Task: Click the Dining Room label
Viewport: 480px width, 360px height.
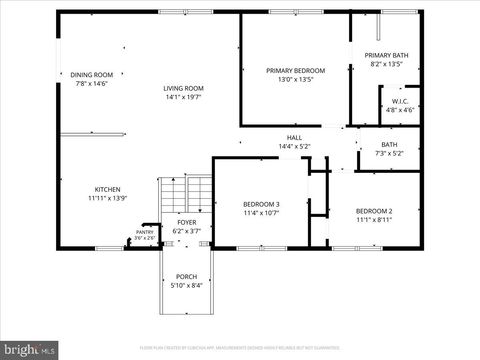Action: [x=91, y=74]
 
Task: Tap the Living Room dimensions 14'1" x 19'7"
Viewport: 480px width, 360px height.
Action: [x=184, y=98]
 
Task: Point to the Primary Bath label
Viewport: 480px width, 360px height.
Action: [x=385, y=55]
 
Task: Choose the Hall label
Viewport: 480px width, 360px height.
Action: [x=295, y=138]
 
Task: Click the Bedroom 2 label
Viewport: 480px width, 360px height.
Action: [x=374, y=211]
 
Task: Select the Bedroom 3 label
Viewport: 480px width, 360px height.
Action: [x=262, y=204]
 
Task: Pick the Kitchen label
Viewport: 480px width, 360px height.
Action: [x=108, y=189]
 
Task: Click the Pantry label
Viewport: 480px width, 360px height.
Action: [x=145, y=232]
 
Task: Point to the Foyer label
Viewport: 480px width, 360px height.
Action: [x=187, y=222]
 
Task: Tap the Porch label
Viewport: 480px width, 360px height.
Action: [x=187, y=277]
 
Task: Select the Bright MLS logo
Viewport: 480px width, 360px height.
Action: [x=29, y=350]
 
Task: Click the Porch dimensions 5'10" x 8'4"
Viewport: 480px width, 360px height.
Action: [x=187, y=286]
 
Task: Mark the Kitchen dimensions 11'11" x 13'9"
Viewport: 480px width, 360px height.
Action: [x=108, y=198]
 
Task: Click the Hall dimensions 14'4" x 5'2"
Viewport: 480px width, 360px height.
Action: [x=295, y=147]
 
